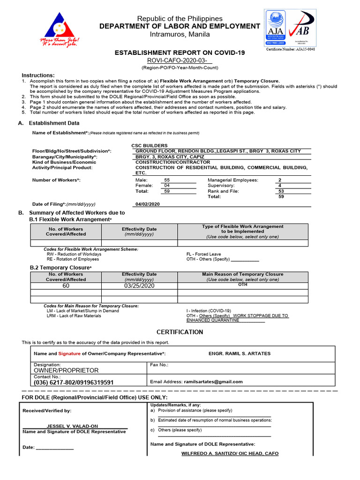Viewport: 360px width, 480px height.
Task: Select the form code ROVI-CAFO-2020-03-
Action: pyautogui.click(x=180, y=61)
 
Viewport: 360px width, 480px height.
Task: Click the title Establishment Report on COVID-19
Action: pyautogui.click(x=180, y=53)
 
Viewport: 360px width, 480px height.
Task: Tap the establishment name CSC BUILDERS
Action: pyautogui.click(x=150, y=146)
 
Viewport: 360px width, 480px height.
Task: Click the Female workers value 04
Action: pyautogui.click(x=167, y=186)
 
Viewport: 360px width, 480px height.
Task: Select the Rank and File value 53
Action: pyautogui.click(x=281, y=191)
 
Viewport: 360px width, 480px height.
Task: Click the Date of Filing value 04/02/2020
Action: pyautogui.click(x=148, y=204)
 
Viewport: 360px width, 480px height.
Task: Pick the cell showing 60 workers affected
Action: pyautogui.click(x=66, y=285)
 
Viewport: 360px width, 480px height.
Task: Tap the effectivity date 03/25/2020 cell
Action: pyautogui.click(x=139, y=285)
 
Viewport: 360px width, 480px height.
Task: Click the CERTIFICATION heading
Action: pyautogui.click(x=180, y=332)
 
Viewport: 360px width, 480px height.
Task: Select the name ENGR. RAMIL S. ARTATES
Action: pyautogui.click(x=239, y=353)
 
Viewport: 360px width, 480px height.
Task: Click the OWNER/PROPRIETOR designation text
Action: pyautogui.click(x=66, y=370)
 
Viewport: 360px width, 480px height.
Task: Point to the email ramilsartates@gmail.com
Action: pyautogui.click(x=213, y=382)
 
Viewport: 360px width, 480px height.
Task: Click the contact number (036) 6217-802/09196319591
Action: pyautogui.click(x=74, y=382)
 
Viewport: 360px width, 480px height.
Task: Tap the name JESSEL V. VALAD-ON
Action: pyautogui.click(x=72, y=426)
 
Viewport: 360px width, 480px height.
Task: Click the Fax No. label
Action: pyautogui.click(x=159, y=364)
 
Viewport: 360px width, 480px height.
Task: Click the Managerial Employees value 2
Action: pyautogui.click(x=280, y=180)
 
